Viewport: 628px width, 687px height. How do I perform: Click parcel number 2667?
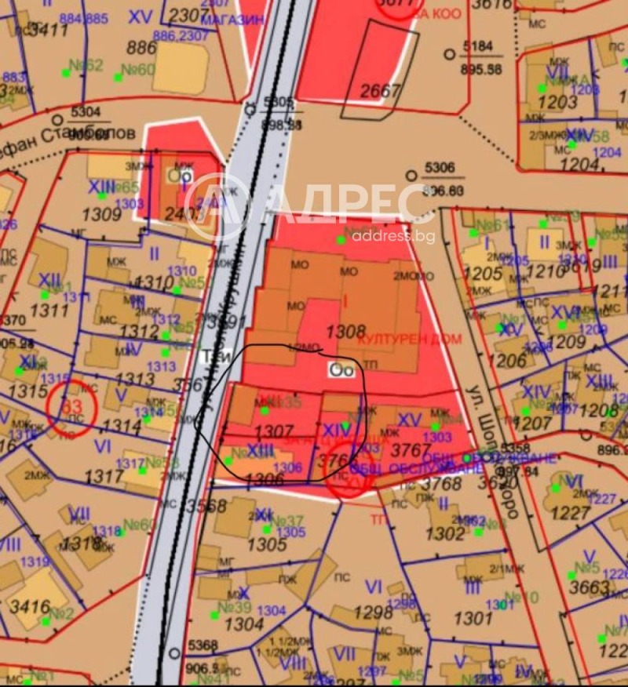point(381,90)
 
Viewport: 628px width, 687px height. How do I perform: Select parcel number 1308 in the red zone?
point(345,333)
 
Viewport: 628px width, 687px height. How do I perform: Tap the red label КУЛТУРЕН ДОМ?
point(410,339)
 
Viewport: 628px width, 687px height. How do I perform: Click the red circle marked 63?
point(71,408)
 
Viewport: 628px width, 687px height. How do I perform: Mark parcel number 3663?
point(589,588)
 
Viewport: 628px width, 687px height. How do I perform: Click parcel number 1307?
point(274,432)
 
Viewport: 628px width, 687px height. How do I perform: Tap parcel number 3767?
point(411,451)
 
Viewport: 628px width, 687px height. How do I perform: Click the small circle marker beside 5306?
point(411,176)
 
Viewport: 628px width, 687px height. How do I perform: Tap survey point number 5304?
point(86,112)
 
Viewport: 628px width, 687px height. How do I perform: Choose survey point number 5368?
point(202,645)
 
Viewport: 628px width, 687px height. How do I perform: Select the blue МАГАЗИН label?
point(232,20)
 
